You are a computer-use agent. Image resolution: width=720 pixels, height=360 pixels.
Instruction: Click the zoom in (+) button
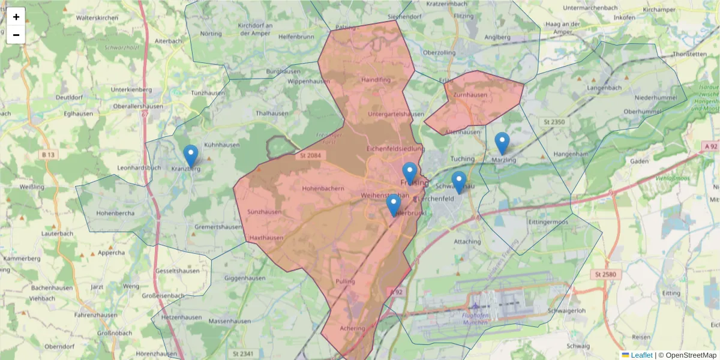(x=16, y=17)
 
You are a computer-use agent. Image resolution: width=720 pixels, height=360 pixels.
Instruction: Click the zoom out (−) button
(x=16, y=35)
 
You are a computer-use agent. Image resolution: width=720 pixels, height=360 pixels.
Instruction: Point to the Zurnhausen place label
(x=470, y=95)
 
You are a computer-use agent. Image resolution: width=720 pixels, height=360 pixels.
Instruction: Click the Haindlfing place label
(x=376, y=79)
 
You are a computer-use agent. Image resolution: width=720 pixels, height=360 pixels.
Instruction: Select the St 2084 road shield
(x=310, y=156)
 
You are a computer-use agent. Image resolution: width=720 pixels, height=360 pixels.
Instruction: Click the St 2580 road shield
(x=606, y=274)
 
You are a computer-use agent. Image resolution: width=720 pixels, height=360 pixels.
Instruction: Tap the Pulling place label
(x=346, y=281)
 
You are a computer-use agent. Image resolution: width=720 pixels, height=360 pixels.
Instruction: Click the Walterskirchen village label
(x=97, y=18)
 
